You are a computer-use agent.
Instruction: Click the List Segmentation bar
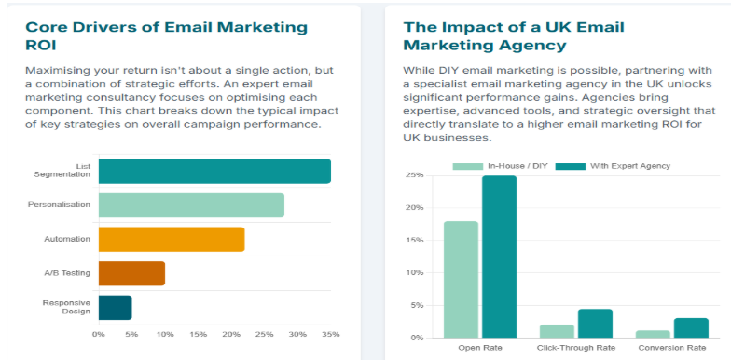point(214,171)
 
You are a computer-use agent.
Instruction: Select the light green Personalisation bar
point(191,205)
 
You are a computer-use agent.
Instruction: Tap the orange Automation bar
point(171,239)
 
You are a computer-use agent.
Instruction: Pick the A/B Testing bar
point(131,273)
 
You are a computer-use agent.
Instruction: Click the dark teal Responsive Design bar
point(115,307)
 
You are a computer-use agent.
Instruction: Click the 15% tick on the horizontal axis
point(198,334)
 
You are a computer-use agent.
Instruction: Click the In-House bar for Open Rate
point(462,279)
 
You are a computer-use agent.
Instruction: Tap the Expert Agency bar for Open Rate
point(499,256)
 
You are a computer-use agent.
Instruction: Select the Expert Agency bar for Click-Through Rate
point(595,323)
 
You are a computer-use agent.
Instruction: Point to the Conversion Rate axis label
point(671,348)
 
